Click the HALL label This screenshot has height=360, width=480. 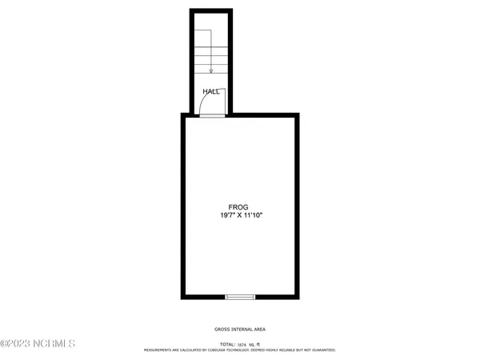pos(211,92)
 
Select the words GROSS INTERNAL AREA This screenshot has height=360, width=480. pos(240,330)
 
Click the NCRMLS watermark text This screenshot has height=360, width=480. pos(38,345)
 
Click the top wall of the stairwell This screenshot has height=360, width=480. pos(211,11)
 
